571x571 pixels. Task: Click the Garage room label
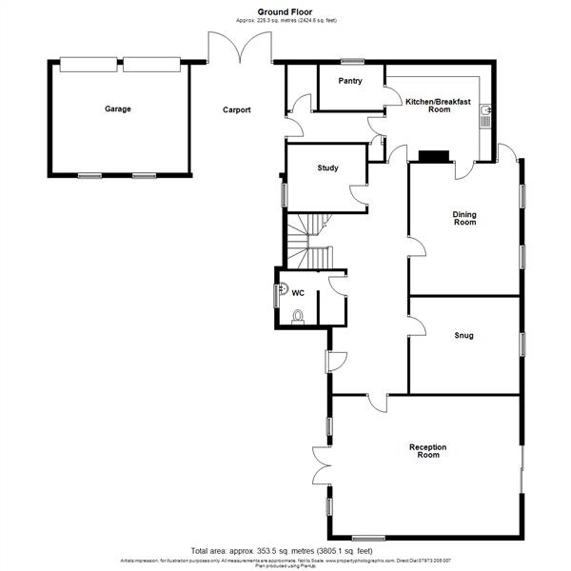118,108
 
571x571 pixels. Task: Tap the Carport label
237,109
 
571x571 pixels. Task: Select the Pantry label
349,81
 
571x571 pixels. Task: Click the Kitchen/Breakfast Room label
426,105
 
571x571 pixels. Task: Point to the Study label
327,168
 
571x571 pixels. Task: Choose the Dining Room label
463,218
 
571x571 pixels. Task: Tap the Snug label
463,335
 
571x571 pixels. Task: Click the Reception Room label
427,451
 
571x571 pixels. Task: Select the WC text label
297,292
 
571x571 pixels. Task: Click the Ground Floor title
285,10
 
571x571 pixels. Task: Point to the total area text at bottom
281,551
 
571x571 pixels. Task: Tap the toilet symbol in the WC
298,316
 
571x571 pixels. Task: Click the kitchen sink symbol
486,116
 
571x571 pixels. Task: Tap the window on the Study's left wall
284,193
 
